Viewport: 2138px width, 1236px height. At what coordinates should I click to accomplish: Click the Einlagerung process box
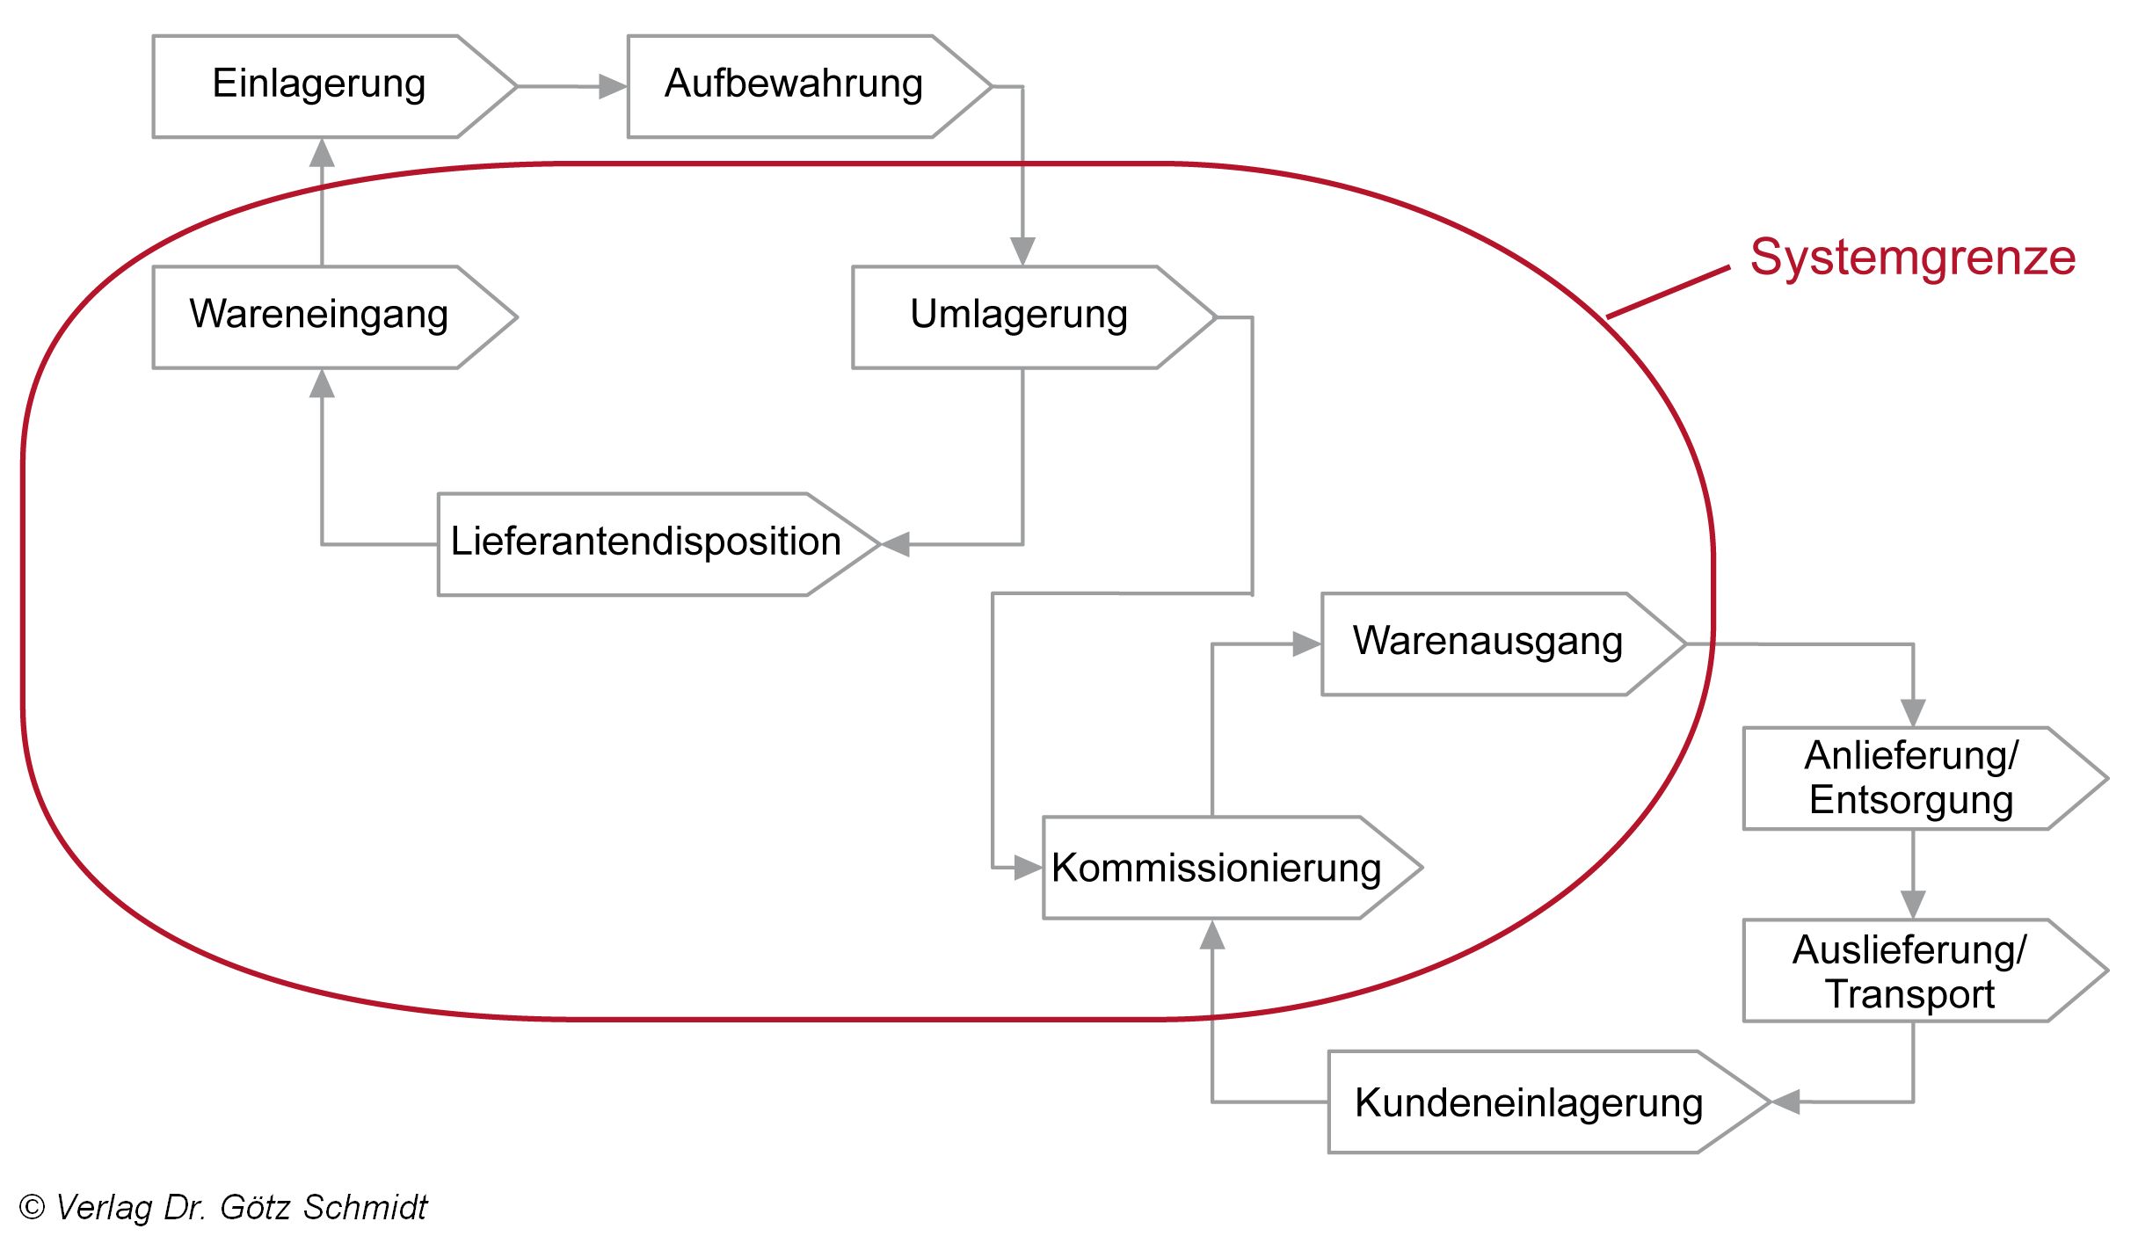point(318,85)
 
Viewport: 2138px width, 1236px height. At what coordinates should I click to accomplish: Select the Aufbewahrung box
point(793,85)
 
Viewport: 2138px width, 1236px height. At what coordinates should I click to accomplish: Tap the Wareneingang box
point(318,316)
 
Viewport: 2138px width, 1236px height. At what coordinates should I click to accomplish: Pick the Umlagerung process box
point(1018,316)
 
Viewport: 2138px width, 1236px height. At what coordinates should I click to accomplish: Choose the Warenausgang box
point(1487,643)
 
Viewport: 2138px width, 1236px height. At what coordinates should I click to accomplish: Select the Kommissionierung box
point(1216,869)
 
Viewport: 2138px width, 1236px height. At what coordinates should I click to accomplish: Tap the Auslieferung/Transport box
point(1909,971)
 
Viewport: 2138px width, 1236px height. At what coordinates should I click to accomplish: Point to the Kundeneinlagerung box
point(1528,1101)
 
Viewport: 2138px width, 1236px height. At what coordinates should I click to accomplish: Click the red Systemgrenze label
point(1912,258)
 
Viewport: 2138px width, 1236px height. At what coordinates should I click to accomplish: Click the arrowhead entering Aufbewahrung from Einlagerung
point(612,86)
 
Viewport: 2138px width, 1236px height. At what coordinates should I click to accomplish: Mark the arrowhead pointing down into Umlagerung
point(1022,251)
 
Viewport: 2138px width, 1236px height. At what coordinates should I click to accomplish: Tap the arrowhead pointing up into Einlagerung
point(323,153)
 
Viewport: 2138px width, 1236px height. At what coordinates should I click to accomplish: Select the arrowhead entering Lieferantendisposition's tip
point(896,544)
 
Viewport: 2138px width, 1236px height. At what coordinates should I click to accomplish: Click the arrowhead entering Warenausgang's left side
point(1306,644)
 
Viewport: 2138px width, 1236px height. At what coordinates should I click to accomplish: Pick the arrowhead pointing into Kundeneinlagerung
point(1786,1101)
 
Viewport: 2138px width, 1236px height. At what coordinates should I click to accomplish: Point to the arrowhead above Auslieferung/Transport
point(1913,904)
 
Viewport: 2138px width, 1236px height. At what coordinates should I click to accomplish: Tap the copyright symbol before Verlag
point(32,1207)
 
